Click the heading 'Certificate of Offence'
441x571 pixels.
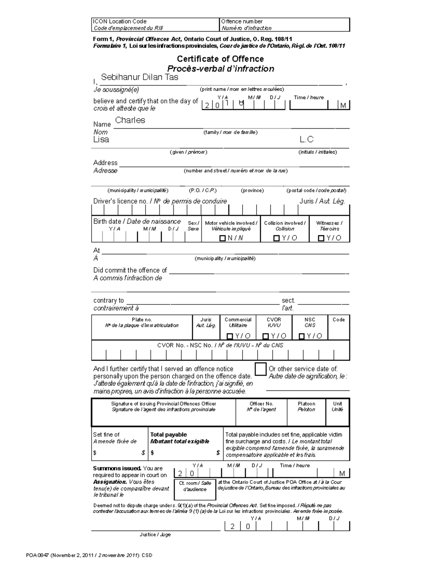point(220,59)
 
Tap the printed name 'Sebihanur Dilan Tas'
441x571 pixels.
point(140,77)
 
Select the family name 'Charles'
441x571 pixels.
point(130,120)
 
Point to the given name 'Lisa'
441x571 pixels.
point(101,139)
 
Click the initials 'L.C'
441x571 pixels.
point(306,139)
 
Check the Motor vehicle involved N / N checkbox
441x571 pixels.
point(222,238)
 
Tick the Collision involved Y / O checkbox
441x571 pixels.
point(277,238)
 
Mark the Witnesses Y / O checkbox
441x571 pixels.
point(321,238)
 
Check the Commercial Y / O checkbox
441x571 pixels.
point(230,336)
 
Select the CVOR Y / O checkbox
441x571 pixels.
point(266,336)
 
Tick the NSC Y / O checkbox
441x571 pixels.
point(302,336)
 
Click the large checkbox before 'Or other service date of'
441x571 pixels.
point(261,369)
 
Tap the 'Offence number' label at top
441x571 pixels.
point(242,22)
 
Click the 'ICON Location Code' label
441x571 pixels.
point(120,22)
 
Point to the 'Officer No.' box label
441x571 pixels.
point(261,404)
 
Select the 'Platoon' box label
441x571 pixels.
point(306,404)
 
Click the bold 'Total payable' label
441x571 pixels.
point(169,435)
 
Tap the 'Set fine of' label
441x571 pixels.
point(106,435)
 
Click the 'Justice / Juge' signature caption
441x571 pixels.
point(155,535)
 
